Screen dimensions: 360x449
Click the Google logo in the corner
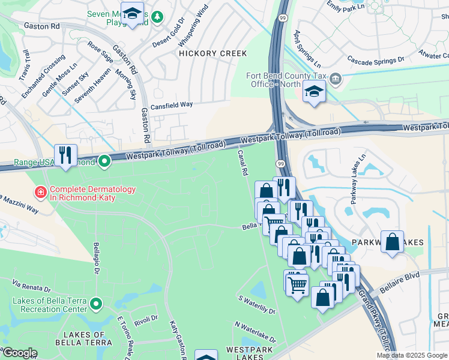pyautogui.click(x=19, y=353)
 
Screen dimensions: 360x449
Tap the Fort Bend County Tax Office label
pyautogui.click(x=291, y=80)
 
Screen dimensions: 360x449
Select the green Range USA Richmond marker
pyautogui.click(x=104, y=161)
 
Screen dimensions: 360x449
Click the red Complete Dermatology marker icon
pyautogui.click(x=40, y=192)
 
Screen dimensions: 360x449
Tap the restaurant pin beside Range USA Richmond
pyautogui.click(x=65, y=155)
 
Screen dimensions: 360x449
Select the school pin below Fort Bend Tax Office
pyautogui.click(x=313, y=92)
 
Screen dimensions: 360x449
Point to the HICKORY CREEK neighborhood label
pyautogui.click(x=212, y=53)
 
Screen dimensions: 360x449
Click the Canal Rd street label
pyautogui.click(x=243, y=163)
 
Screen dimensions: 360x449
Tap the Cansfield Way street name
pyautogui.click(x=172, y=104)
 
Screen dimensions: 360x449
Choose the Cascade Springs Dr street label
pyautogui.click(x=376, y=61)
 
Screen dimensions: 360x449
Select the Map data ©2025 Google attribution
pyautogui.click(x=412, y=355)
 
